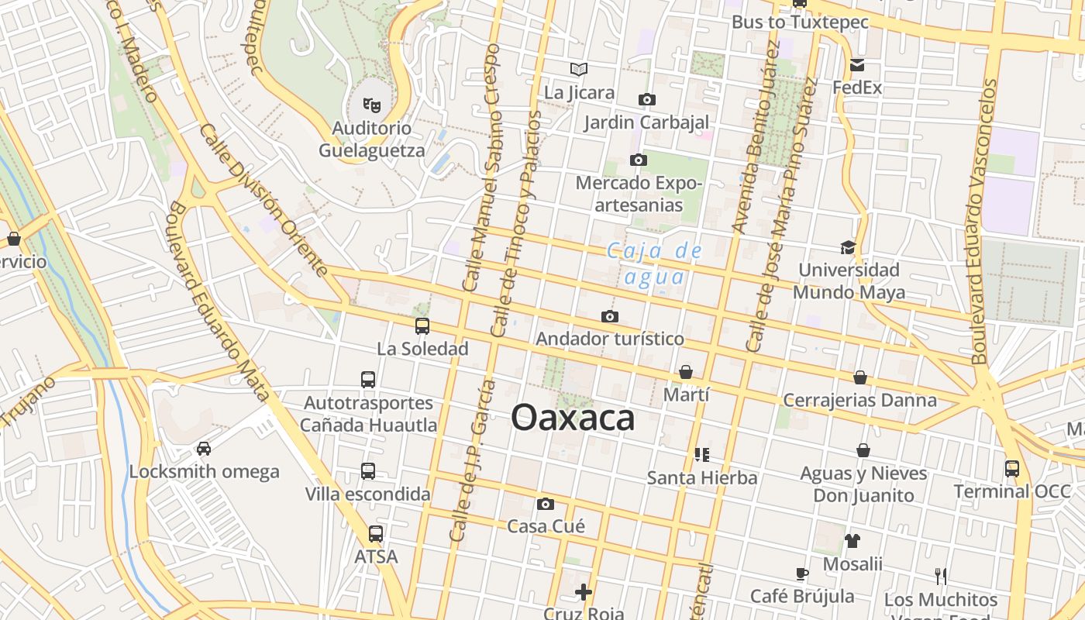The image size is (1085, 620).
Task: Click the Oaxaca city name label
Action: click(x=573, y=419)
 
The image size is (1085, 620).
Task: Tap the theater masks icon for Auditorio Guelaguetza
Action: click(x=372, y=103)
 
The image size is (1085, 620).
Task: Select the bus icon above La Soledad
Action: click(x=422, y=326)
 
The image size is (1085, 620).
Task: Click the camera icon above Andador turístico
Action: click(x=610, y=316)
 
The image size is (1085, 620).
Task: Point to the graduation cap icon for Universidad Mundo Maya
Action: click(x=849, y=247)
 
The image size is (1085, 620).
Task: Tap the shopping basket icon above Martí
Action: click(x=686, y=373)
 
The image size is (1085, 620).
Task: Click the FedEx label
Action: click(x=857, y=88)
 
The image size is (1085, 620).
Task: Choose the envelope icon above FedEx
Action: click(x=857, y=65)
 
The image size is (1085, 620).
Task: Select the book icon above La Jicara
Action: click(x=579, y=69)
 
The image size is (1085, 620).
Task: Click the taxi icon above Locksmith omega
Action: click(x=204, y=449)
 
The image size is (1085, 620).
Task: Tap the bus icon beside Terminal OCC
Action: click(x=1012, y=468)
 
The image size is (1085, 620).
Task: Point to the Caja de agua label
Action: click(x=655, y=263)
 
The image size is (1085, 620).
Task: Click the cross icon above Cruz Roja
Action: click(x=584, y=593)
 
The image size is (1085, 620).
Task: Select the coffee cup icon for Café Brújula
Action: click(x=802, y=573)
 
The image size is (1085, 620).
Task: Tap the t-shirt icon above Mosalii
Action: click(x=852, y=541)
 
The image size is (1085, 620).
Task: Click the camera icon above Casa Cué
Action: click(x=546, y=505)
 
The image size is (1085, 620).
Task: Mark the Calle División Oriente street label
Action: click(x=264, y=200)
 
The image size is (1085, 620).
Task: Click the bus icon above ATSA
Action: click(x=376, y=534)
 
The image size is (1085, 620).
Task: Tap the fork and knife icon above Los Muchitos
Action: click(x=941, y=576)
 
